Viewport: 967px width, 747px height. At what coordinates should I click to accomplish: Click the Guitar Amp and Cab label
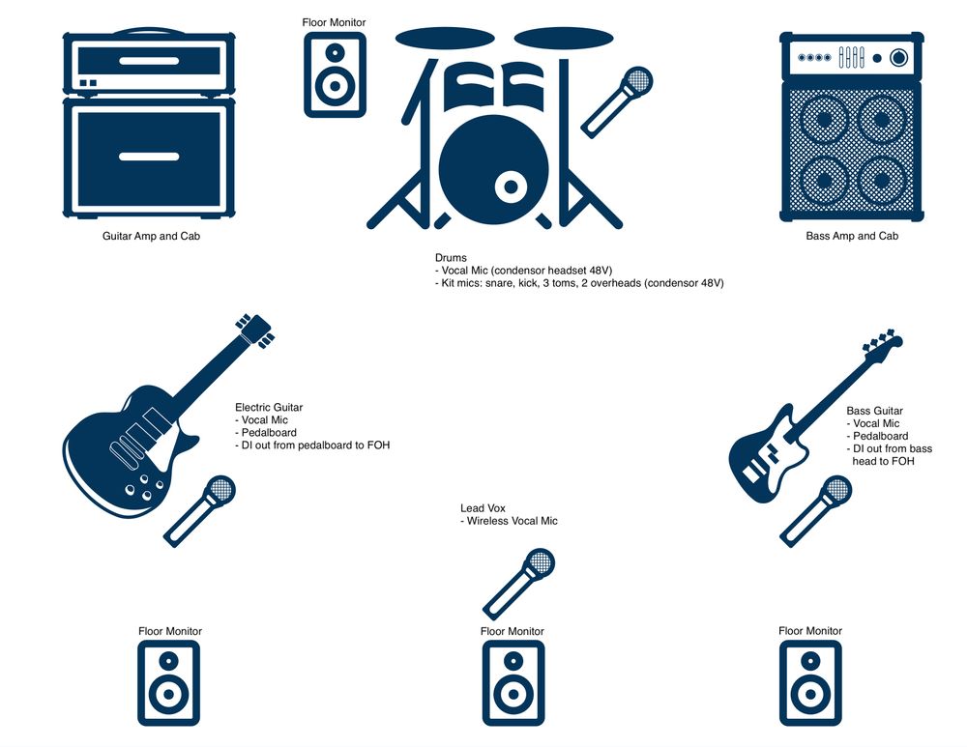click(151, 236)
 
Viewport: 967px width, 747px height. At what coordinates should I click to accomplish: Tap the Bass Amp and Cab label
click(852, 236)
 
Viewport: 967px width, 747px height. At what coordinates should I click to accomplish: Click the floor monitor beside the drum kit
click(335, 74)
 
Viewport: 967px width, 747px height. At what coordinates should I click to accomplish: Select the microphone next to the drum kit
click(617, 102)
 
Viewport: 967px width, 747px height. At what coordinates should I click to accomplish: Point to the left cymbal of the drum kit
click(445, 39)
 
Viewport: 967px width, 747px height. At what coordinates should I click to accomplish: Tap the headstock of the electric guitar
click(254, 330)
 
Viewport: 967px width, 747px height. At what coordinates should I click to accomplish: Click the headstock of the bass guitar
click(884, 343)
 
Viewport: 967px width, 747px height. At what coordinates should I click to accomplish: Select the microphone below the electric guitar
click(199, 511)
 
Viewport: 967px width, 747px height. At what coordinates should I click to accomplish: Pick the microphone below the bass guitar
click(815, 511)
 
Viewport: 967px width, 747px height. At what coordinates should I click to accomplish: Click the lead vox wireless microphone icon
click(518, 584)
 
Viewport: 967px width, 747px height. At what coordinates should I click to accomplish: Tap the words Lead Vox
click(483, 508)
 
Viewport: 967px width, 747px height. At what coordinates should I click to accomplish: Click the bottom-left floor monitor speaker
click(169, 683)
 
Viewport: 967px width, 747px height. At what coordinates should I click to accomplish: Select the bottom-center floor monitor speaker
click(513, 683)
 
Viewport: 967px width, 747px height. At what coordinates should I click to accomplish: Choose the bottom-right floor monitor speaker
click(810, 683)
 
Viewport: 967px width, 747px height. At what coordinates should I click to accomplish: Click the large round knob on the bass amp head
click(899, 58)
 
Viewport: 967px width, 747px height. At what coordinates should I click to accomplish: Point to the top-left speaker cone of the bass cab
click(824, 119)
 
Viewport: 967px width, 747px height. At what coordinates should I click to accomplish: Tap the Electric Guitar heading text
click(269, 408)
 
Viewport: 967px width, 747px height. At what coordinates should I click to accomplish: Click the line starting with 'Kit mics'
click(579, 283)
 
